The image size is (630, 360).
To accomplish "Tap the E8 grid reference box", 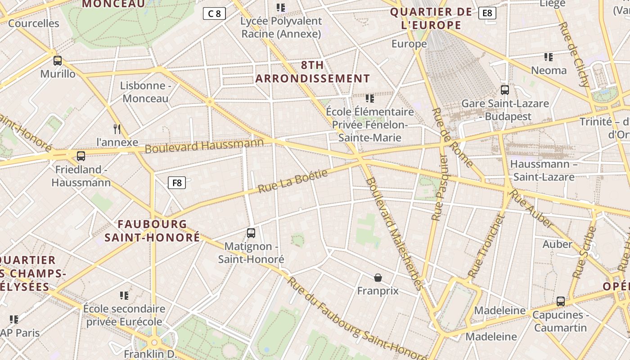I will [x=487, y=13].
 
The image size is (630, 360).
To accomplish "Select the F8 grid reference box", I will [x=177, y=183].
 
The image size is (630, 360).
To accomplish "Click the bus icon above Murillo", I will [x=58, y=61].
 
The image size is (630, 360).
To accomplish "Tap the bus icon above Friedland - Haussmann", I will [x=81, y=156].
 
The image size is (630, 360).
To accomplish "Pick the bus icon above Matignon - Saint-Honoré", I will [x=251, y=233].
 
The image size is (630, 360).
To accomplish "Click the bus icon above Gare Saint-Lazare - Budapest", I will [x=505, y=90].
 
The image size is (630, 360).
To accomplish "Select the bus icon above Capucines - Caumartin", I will [x=560, y=301].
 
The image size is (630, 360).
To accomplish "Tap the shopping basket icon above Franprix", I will [x=378, y=278].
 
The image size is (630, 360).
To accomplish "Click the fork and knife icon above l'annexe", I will [x=117, y=129].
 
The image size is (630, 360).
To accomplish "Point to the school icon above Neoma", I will [x=549, y=57].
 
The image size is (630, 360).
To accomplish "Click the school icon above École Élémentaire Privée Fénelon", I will [x=370, y=98].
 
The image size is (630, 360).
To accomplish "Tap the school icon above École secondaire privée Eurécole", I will [x=124, y=296].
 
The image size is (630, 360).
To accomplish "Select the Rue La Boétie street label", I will [x=293, y=181].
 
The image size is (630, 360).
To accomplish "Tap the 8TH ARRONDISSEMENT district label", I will [x=313, y=72].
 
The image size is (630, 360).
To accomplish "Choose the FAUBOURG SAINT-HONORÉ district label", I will [x=152, y=230].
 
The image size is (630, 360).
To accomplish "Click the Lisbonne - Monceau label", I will [x=145, y=92].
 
